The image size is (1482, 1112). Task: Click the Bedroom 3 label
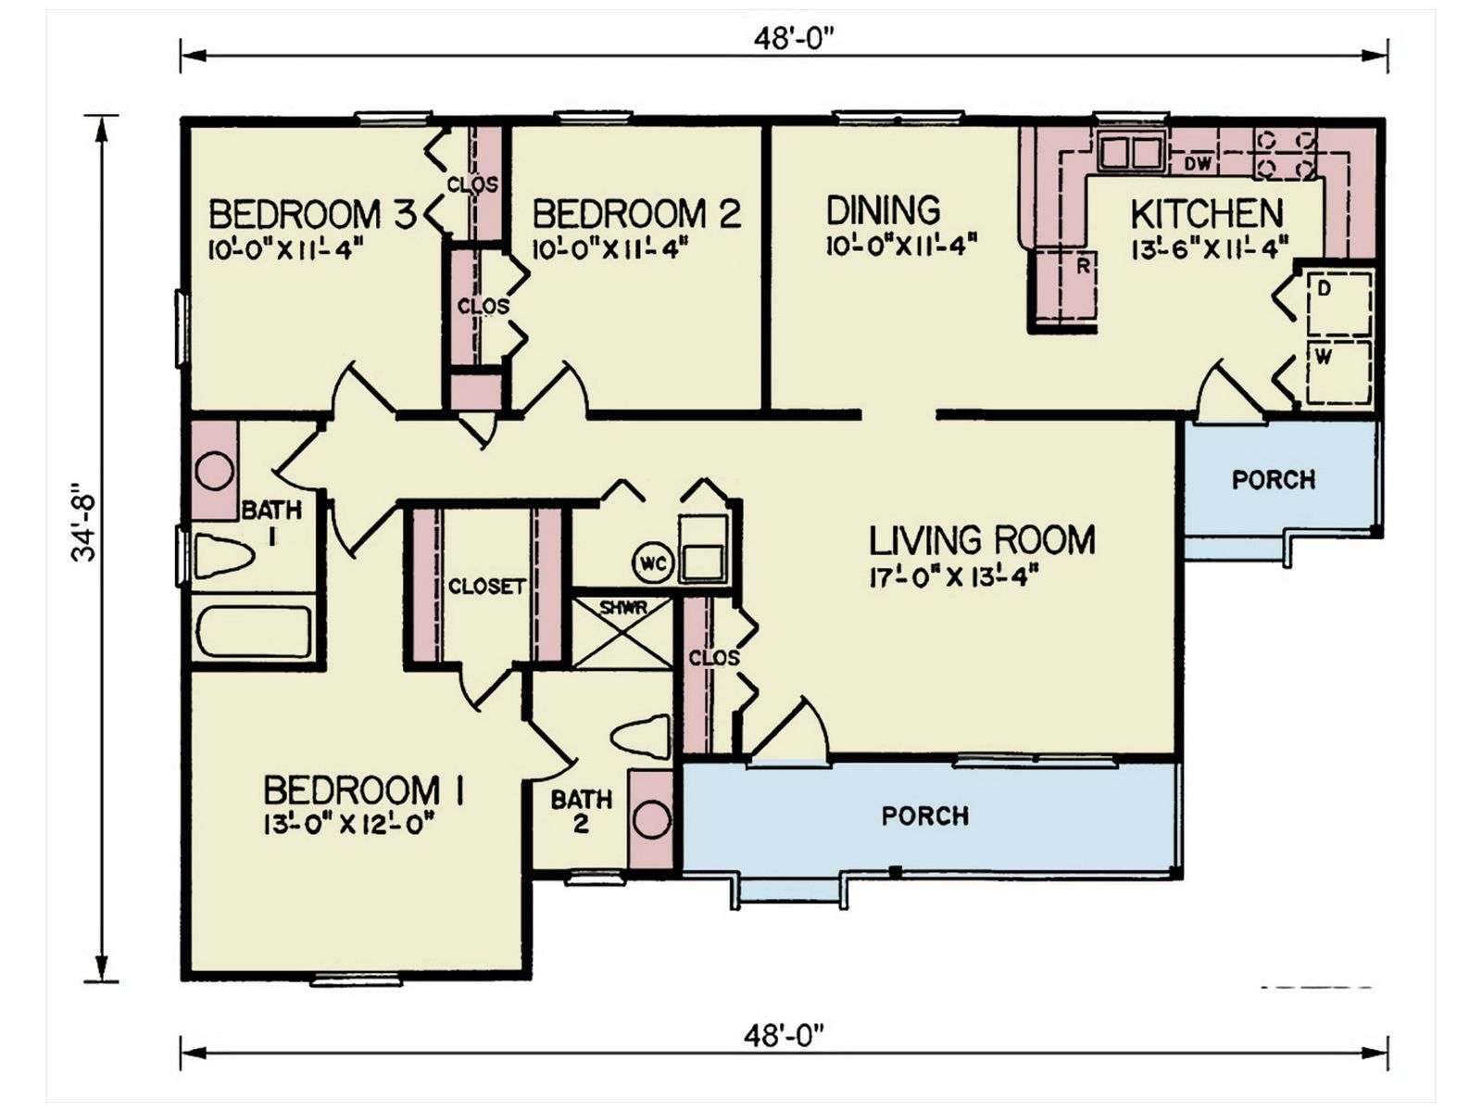pos(311,215)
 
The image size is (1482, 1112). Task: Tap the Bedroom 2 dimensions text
pos(610,250)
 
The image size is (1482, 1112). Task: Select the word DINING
pos(883,210)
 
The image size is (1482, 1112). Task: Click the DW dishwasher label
pos(1198,163)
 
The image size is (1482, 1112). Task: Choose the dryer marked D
pos(1340,303)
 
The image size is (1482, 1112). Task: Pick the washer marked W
pos(1340,372)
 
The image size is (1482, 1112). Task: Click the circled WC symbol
pos(652,563)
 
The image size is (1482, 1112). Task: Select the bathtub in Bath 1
pos(254,632)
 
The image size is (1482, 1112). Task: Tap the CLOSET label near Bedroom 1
pos(486,586)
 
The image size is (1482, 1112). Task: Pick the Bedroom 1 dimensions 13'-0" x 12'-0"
pos(347,825)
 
